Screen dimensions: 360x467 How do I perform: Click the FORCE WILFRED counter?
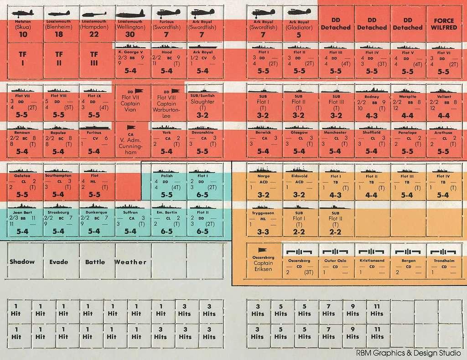pyautogui.click(x=444, y=24)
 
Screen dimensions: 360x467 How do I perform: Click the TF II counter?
pyautogui.click(x=59, y=60)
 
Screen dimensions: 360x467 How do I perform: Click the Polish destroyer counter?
pyautogui.click(x=169, y=185)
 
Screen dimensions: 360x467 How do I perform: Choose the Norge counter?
pyautogui.click(x=264, y=185)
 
